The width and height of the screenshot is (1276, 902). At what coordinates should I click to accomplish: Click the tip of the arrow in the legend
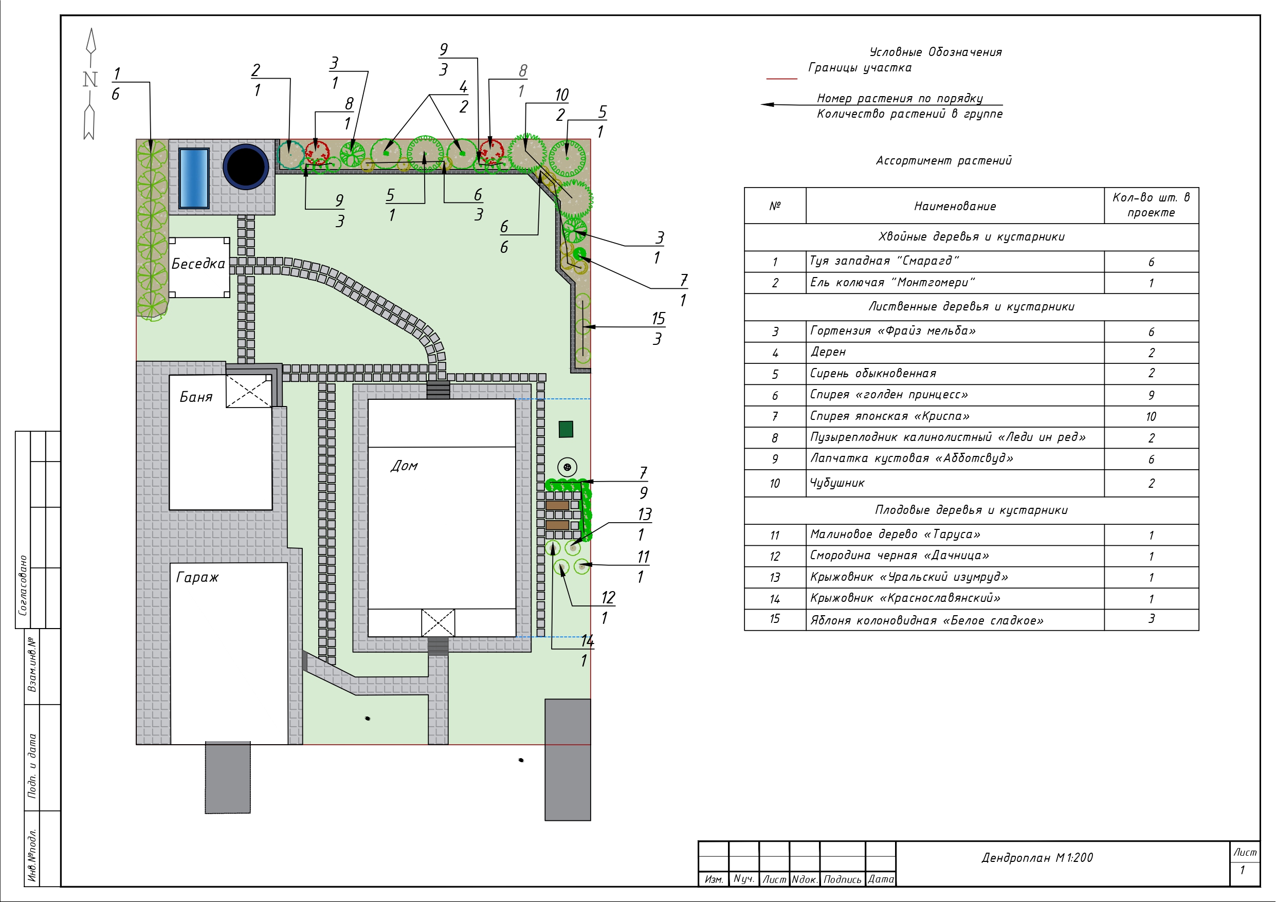tap(761, 104)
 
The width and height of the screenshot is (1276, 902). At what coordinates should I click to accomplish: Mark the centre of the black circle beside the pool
tap(246, 166)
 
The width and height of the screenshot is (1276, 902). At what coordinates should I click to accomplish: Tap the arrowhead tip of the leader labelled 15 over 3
tap(583, 327)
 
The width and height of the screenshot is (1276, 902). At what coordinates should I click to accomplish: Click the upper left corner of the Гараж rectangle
tap(171, 563)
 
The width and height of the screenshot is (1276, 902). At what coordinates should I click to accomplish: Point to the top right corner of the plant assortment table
tap(1198, 188)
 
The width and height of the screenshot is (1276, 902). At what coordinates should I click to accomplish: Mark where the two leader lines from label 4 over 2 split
tap(430, 95)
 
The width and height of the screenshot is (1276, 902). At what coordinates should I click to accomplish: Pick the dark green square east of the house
tap(566, 429)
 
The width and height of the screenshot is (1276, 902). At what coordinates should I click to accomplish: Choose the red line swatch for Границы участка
tap(781, 79)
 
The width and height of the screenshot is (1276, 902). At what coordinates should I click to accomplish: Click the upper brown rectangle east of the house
tap(557, 505)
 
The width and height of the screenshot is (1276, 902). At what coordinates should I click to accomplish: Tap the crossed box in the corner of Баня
tap(248, 391)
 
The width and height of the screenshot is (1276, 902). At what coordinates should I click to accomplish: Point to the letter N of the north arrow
tap(90, 80)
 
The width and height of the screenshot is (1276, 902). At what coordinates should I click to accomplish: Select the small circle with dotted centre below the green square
tap(567, 467)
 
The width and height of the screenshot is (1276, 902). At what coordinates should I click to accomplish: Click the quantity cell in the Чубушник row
tap(1151, 484)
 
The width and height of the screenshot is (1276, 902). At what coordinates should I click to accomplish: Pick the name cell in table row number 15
tap(955, 620)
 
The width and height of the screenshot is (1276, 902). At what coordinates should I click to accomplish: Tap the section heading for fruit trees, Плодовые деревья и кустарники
tap(972, 510)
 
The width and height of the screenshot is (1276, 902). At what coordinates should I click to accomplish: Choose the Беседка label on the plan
tap(198, 264)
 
